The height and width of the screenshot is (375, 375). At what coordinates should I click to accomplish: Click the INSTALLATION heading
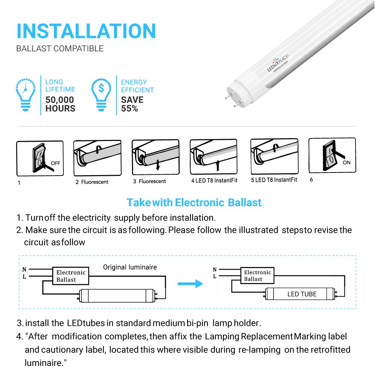click(x=86, y=31)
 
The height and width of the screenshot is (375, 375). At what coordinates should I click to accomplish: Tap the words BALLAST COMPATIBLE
click(x=60, y=48)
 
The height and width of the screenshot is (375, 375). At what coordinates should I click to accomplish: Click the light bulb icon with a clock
click(x=25, y=95)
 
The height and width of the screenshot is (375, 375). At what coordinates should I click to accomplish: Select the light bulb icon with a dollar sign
click(x=101, y=95)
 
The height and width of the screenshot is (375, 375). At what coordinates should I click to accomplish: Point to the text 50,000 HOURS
click(x=60, y=104)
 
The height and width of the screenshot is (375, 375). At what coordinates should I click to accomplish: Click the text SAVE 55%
click(x=132, y=104)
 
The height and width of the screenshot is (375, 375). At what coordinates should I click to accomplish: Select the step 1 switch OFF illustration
click(x=40, y=158)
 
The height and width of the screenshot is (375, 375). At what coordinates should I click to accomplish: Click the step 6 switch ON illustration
click(x=332, y=155)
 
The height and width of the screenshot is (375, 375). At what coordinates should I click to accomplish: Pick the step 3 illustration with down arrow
click(x=156, y=157)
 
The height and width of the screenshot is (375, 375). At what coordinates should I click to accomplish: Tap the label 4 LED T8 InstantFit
click(x=214, y=181)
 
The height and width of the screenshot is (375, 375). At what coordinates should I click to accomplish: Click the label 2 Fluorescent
click(x=92, y=182)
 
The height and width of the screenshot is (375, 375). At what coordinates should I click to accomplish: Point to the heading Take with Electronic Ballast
click(x=194, y=202)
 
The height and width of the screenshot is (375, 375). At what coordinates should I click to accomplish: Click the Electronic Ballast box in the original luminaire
click(x=71, y=276)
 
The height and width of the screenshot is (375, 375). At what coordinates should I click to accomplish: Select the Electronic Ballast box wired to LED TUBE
click(x=257, y=276)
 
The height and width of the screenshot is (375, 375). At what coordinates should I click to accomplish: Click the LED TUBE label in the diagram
click(x=302, y=294)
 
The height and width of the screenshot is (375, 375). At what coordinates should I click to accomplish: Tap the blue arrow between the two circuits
click(x=190, y=283)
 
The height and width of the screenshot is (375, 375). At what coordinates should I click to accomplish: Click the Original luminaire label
click(x=130, y=267)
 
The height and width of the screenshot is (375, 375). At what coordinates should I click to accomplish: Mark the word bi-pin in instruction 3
click(x=197, y=323)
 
